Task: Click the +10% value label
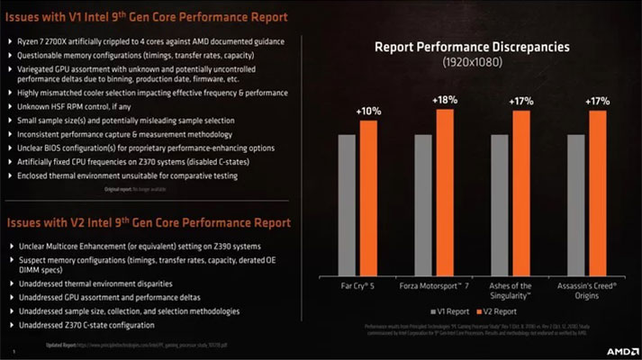[x=368, y=111]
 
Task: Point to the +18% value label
[x=445, y=101]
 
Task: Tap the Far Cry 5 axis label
[x=357, y=285]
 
